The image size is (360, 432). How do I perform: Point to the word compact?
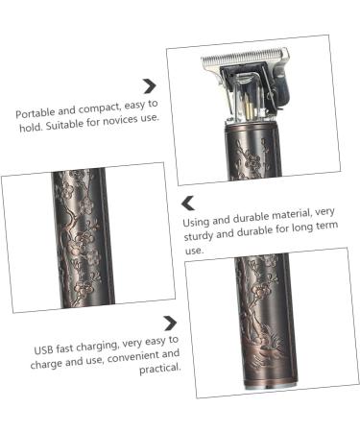coord(100,108)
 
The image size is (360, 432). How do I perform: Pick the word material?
coord(290,214)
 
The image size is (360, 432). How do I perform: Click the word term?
coord(326,226)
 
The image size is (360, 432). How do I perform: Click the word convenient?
coord(132,357)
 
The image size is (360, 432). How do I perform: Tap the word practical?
coord(159,369)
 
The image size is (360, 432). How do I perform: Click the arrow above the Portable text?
coord(150,86)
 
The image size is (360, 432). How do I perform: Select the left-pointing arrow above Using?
coord(188,204)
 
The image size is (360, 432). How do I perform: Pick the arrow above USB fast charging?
coord(170,324)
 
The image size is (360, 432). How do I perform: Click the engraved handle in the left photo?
coord(84,238)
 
